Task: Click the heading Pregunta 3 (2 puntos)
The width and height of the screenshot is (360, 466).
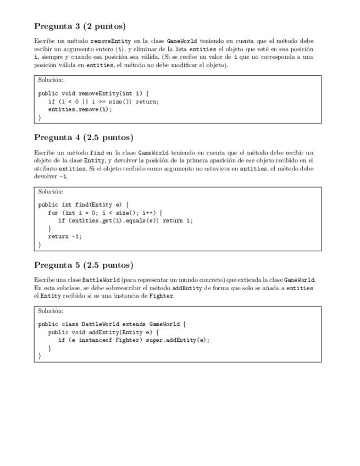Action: [80, 26]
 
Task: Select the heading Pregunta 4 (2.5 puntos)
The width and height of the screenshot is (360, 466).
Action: [84, 137]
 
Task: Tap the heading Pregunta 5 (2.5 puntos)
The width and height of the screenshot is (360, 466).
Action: [84, 265]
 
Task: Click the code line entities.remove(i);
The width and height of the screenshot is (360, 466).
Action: [80, 109]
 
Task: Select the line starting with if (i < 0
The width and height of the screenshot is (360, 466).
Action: [103, 102]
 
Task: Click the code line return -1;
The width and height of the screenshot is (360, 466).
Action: [65, 237]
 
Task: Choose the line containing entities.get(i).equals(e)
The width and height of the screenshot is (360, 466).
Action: [126, 221]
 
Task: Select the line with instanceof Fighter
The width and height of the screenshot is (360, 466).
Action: [134, 340]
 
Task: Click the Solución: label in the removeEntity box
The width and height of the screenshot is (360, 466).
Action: [51, 80]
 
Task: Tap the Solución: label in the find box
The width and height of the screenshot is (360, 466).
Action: [51, 192]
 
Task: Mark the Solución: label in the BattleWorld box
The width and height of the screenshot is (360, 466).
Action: [51, 310]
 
